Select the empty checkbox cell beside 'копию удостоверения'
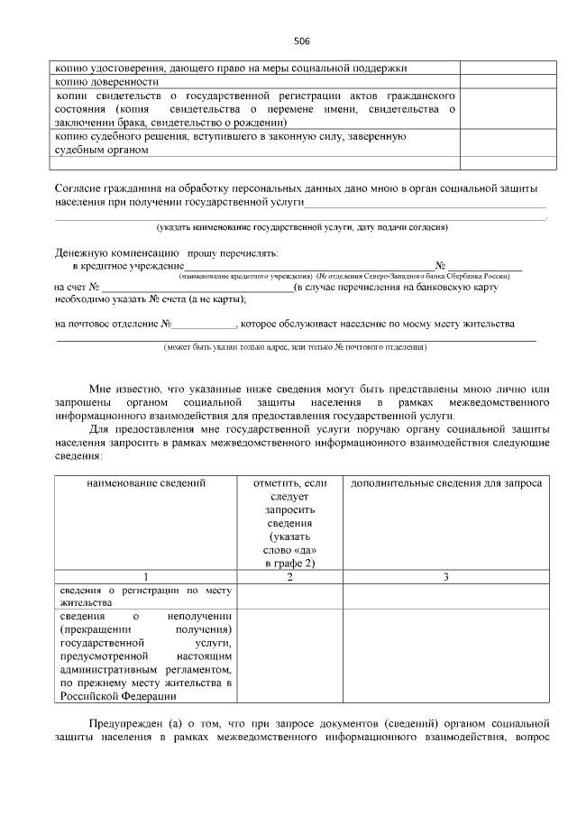click(x=503, y=68)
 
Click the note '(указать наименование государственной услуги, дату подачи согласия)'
click(x=301, y=226)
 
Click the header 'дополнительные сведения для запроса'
click(x=445, y=483)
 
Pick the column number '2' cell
click(x=289, y=576)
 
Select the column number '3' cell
click(x=445, y=576)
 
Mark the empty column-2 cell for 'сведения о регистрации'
click(x=289, y=596)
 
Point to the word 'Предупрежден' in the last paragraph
click(x=125, y=724)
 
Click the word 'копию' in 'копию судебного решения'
click(x=71, y=136)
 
